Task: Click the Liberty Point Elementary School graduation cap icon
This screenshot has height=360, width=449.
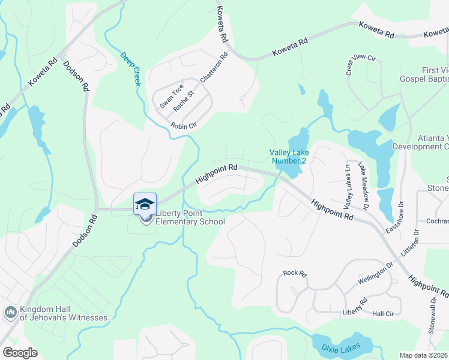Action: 144,203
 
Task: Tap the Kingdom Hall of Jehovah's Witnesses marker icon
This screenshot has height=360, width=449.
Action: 10,312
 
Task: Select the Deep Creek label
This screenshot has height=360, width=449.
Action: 130,68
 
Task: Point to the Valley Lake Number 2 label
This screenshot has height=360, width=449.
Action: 289,157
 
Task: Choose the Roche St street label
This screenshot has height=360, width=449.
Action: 184,101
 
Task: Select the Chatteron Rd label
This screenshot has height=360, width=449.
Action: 214,68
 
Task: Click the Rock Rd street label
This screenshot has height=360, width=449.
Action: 295,274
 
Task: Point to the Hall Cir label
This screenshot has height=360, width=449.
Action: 382,314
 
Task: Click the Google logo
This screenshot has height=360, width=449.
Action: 20,353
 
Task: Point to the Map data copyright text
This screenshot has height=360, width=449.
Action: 424,355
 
